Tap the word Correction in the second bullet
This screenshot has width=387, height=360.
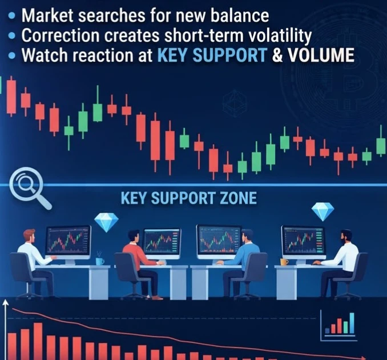click(61, 35)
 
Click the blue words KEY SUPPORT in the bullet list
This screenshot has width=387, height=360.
click(212, 55)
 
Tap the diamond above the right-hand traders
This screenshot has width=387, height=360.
click(322, 212)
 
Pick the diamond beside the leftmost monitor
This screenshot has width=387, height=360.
click(106, 223)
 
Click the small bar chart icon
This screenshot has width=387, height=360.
click(339, 326)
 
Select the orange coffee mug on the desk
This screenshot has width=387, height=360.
click(284, 262)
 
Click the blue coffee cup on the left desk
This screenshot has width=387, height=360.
click(99, 261)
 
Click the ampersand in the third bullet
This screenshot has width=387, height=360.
click(277, 55)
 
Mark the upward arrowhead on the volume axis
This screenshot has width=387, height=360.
click(6, 303)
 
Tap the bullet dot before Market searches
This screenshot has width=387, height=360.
click(11, 16)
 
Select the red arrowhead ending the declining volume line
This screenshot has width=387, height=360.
click(363, 358)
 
